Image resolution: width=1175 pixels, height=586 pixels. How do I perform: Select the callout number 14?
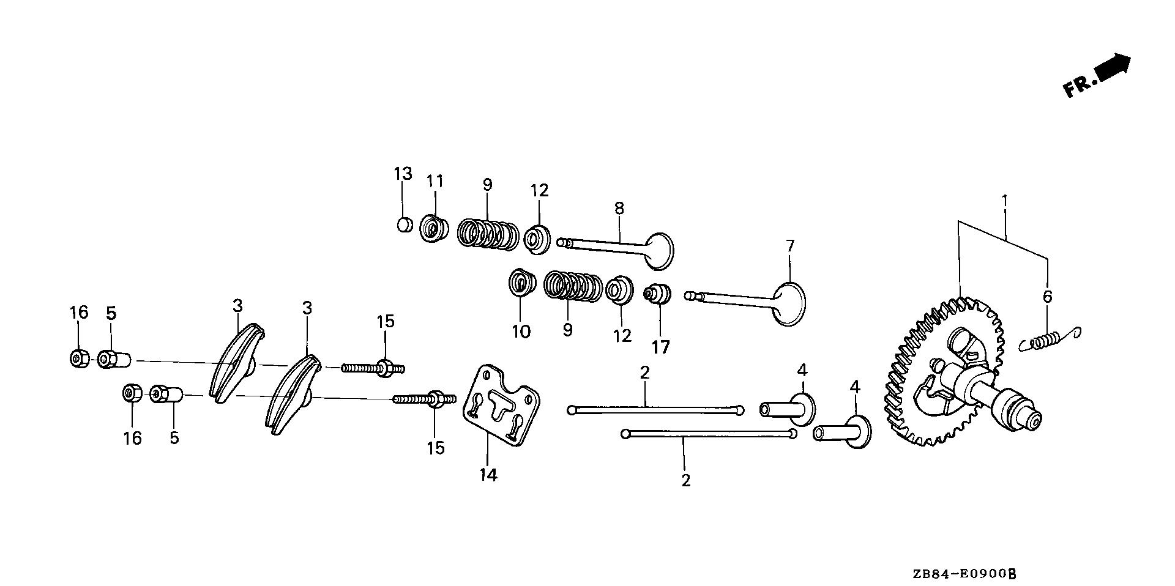click(488, 474)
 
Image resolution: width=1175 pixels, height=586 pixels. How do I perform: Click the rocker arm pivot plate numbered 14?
click(500, 407)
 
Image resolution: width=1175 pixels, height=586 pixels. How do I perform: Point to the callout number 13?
click(403, 174)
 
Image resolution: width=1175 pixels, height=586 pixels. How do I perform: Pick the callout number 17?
click(660, 347)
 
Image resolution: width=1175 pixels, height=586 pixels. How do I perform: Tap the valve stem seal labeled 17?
click(658, 294)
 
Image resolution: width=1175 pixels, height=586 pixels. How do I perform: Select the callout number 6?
click(1047, 297)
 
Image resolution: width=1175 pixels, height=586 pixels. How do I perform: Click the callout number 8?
click(619, 208)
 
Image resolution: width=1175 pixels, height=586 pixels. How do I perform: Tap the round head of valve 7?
click(789, 303)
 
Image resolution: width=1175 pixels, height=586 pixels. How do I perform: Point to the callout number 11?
click(435, 182)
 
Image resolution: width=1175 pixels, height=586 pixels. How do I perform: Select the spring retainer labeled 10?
click(521, 283)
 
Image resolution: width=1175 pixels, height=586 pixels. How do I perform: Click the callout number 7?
click(789, 247)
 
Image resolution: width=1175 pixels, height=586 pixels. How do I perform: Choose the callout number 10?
click(521, 331)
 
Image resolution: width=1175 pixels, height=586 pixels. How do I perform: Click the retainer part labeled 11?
click(434, 229)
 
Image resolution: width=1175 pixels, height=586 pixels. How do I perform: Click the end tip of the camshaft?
click(1033, 421)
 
